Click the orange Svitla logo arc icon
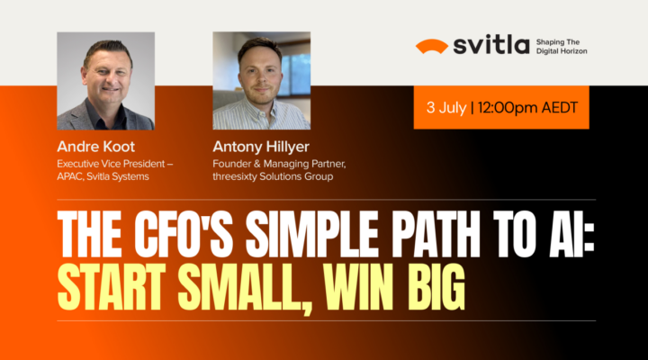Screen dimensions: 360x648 [x=431, y=46]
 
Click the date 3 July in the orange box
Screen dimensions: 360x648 [x=446, y=109]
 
